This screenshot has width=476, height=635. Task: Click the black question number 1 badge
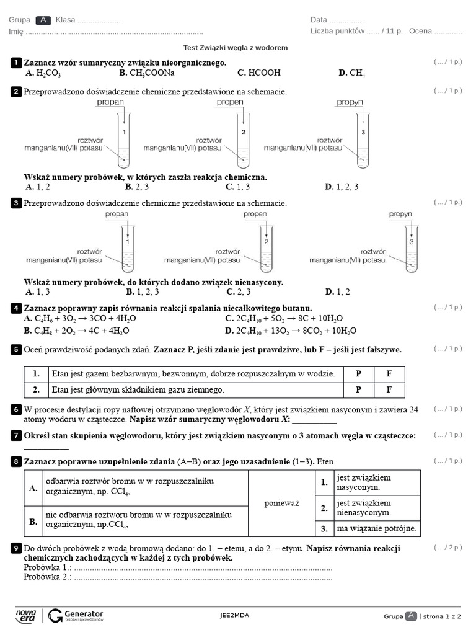15,63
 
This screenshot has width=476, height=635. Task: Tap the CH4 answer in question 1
351,73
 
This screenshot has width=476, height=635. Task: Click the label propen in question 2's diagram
229,103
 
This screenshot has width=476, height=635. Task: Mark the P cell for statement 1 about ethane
358,374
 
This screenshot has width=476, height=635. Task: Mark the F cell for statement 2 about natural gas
389,390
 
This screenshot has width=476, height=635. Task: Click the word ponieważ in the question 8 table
281,503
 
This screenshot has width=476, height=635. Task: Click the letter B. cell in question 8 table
33,522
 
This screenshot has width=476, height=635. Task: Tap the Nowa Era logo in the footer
25,615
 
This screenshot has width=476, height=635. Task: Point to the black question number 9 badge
15,548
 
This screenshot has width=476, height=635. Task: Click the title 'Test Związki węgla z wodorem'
236,48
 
